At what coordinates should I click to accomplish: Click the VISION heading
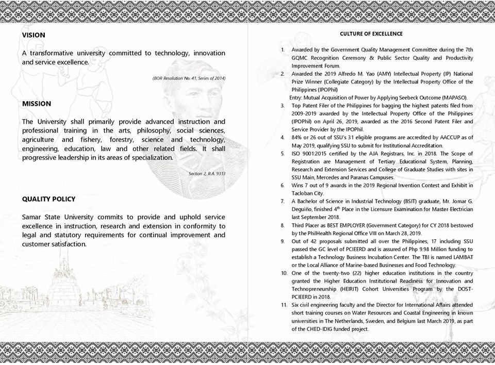(34, 35)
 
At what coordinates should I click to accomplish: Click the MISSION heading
(37, 104)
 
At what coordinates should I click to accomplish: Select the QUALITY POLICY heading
(48, 199)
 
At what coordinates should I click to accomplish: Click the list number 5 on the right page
(283, 153)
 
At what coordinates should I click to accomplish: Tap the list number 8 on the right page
(283, 225)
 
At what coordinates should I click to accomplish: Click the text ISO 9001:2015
(310, 153)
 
